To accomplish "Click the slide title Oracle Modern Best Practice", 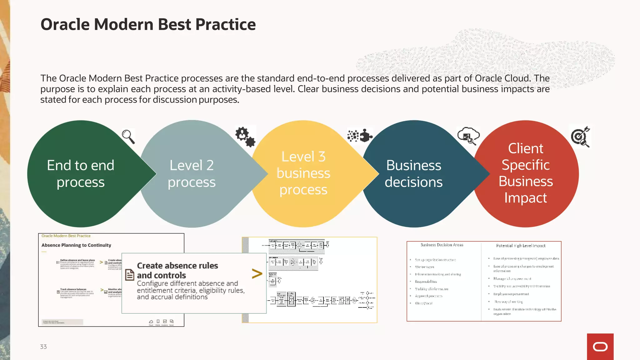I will click(148, 24).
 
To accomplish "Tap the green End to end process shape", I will click(81, 174).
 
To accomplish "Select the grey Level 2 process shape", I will click(192, 174).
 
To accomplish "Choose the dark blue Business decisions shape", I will click(413, 174).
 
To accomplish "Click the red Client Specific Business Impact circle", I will click(526, 173).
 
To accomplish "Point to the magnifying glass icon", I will click(128, 137).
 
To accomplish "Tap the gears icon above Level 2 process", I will click(245, 137).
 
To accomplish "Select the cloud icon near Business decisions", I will click(468, 136).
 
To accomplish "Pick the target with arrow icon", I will click(580, 137).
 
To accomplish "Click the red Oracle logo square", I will click(600, 347).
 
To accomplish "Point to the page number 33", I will click(43, 347).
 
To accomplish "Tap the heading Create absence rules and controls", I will click(177, 270).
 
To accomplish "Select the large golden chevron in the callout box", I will click(257, 274).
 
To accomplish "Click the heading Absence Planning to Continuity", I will click(76, 245).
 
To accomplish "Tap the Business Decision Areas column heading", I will click(442, 245).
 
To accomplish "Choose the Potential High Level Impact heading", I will click(521, 246).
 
